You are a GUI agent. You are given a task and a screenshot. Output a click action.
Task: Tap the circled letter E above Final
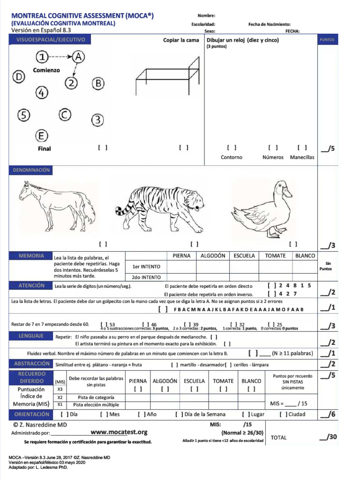click(42, 136)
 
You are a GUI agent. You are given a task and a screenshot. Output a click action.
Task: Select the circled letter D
click(18, 77)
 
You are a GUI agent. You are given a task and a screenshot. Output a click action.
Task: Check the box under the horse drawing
click(103, 244)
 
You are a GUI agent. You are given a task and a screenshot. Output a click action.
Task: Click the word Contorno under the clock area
click(232, 157)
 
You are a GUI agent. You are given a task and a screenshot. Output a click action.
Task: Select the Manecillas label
click(302, 157)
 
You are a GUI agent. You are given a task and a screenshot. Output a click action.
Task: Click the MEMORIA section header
click(31, 256)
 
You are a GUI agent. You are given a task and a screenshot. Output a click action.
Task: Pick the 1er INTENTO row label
click(146, 267)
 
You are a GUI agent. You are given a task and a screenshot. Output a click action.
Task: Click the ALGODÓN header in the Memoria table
click(213, 256)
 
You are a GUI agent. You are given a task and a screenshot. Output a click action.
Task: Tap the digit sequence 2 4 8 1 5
click(295, 285)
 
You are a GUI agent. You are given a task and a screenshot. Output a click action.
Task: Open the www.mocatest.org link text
click(119, 432)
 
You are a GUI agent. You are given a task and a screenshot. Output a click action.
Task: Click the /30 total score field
click(328, 437)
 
